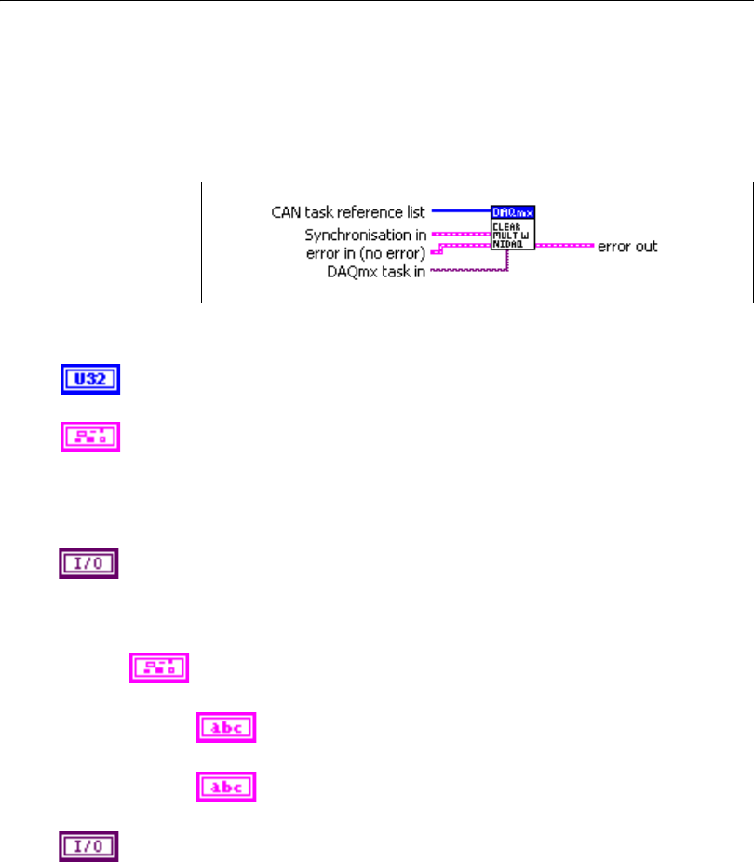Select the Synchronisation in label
click(365, 235)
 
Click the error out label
click(627, 247)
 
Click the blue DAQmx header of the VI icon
click(513, 212)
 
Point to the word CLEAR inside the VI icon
click(505, 224)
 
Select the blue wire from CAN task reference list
click(460, 212)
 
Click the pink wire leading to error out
click(564, 247)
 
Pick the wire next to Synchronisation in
click(460, 234)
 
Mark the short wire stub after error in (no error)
click(436, 250)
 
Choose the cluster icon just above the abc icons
click(159, 667)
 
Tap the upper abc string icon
click(226, 729)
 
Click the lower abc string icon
click(226, 787)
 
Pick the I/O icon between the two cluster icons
click(88, 564)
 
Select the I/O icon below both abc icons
click(88, 845)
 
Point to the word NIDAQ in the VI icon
click(506, 243)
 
